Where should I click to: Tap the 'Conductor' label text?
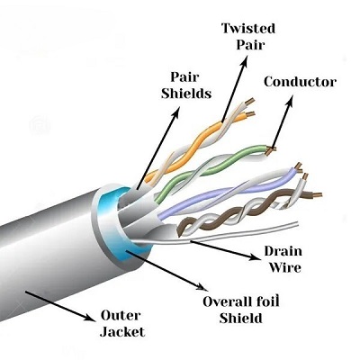[300, 82]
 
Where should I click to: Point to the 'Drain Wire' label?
[282, 258]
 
